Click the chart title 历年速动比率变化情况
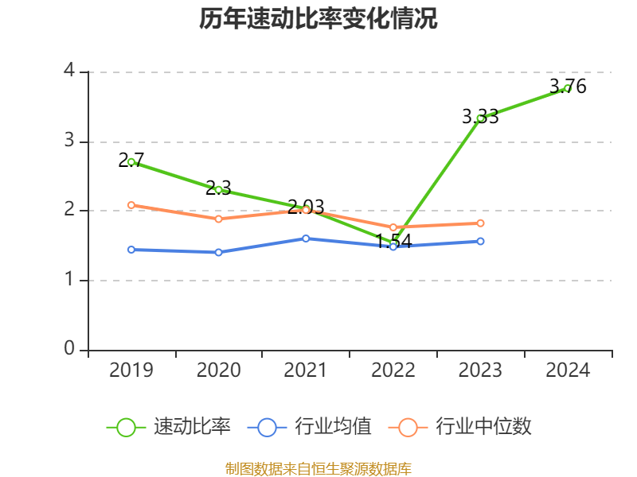[x=318, y=19]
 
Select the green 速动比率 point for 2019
[x=131, y=161]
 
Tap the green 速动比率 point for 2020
[x=219, y=189]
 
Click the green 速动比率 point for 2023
[x=480, y=118]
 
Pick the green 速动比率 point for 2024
[x=567, y=88]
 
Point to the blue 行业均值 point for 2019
[x=131, y=250]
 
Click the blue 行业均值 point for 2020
[x=219, y=252]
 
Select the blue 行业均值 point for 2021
[x=306, y=238]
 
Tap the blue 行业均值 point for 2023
[x=480, y=241]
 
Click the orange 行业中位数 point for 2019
[x=131, y=205]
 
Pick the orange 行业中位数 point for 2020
[x=219, y=219]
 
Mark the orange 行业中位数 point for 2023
[x=480, y=223]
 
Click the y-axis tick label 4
[x=69, y=72]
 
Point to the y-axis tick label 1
[x=69, y=280]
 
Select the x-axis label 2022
[x=393, y=370]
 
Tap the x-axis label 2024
[x=568, y=370]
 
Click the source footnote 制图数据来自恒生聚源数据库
[x=318, y=468]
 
